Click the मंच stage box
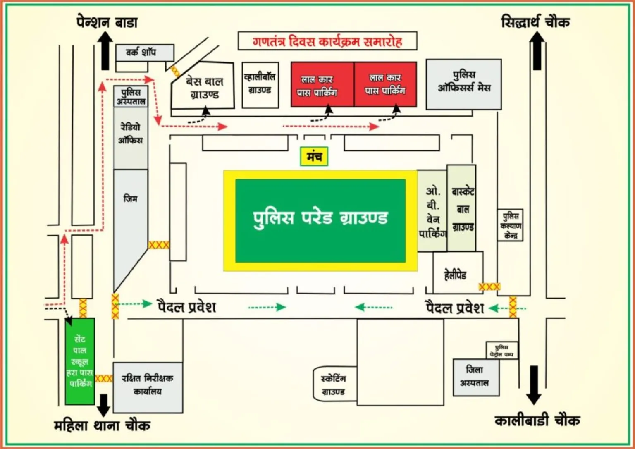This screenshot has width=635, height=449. click(314, 156)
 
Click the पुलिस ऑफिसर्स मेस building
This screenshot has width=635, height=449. click(464, 84)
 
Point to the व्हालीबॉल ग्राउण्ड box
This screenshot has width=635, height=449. click(260, 84)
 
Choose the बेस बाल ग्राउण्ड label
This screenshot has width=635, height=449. click(204, 88)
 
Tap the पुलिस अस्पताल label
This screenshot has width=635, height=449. click(131, 96)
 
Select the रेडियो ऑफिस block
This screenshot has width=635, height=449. click(131, 134)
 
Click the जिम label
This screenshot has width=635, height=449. click(130, 199)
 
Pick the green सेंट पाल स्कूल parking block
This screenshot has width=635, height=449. click(80, 361)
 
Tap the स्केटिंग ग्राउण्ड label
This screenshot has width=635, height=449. click(334, 385)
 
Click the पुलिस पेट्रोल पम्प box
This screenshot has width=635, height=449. click(501, 351)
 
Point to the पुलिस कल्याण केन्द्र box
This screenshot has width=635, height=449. click(510, 225)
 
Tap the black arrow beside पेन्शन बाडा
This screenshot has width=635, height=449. click(105, 50)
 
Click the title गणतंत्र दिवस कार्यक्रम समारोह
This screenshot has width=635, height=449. click(327, 41)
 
